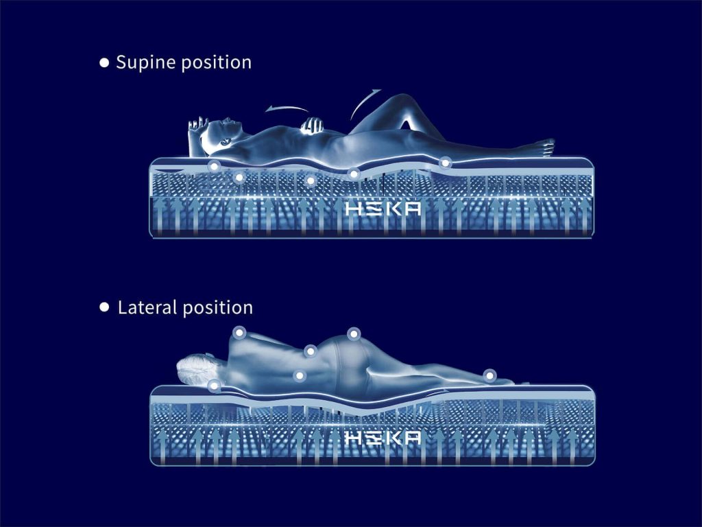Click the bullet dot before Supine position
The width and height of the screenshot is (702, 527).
(x=104, y=62)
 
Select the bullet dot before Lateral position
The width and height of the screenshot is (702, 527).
(x=104, y=307)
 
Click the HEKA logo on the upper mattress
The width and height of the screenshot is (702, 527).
(x=383, y=209)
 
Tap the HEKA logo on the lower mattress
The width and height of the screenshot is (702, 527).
(x=383, y=438)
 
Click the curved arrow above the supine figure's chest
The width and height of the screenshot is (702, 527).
(x=287, y=108)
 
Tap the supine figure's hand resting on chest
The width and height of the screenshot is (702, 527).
(x=312, y=126)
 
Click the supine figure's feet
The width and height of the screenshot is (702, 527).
(x=545, y=147)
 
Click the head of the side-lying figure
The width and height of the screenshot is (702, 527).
(x=196, y=369)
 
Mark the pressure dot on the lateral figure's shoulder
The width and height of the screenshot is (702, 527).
(x=239, y=333)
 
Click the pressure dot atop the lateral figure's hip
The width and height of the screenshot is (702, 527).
(x=354, y=333)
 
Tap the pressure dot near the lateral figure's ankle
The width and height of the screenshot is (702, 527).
(x=489, y=375)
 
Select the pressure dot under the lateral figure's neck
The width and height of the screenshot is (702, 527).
(x=215, y=385)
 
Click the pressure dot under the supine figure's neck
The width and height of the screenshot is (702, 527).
(x=215, y=166)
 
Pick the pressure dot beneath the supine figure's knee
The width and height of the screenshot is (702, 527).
(x=444, y=162)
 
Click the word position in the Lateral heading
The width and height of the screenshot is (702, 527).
(x=218, y=309)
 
